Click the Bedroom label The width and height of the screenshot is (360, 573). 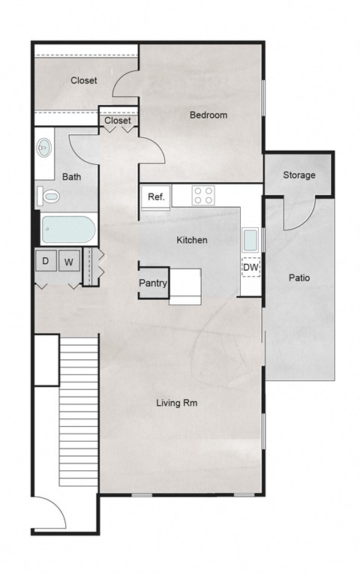208,115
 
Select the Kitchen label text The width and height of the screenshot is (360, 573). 191,241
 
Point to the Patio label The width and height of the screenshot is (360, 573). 299,278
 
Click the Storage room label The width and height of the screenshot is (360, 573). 298,175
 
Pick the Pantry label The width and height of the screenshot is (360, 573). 153,283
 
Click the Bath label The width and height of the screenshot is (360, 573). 72,178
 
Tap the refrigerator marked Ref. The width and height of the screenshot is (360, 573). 156,197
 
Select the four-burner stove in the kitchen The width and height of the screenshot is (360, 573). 203,196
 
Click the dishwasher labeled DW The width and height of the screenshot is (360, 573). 250,266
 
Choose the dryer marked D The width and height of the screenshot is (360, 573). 45,262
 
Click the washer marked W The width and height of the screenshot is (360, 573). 68,262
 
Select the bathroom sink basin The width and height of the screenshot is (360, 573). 45,148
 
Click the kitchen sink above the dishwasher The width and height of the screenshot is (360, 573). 250,239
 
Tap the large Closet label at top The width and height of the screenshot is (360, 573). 83,81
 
